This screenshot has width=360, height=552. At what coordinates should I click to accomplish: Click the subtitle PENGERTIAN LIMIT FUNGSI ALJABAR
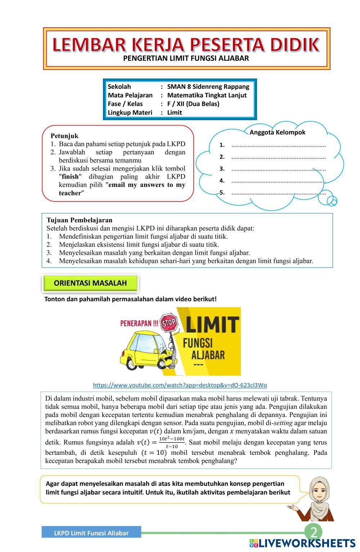click(186, 59)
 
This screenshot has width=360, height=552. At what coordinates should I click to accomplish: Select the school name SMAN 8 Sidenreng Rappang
click(208, 87)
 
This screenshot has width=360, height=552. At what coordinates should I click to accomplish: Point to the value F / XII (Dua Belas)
click(193, 104)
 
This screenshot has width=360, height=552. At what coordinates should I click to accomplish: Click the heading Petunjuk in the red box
click(64, 136)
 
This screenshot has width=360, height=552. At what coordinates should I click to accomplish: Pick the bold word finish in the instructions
click(70, 177)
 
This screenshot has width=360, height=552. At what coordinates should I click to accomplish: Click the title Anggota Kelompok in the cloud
click(277, 132)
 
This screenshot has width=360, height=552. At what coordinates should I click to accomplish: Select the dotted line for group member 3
click(278, 169)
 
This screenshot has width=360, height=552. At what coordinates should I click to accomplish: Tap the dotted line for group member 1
click(278, 145)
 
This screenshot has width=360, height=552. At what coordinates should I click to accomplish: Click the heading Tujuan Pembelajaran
click(80, 220)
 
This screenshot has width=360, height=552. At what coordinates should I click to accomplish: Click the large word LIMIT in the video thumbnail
click(212, 324)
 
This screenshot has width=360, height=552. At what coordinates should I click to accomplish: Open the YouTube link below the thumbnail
click(180, 385)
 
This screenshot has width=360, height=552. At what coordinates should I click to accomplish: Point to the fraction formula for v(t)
click(171, 442)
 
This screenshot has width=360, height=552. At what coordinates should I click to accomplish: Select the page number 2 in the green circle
click(314, 532)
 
